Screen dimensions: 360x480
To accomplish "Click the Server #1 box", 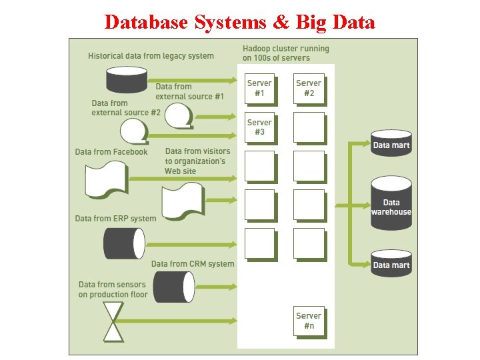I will (x=259, y=89).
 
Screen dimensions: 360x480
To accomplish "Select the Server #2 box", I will (x=308, y=89).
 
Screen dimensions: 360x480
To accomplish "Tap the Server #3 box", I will (x=259, y=127).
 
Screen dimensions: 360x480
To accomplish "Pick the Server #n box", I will (x=308, y=321).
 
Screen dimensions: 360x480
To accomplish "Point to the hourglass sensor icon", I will (x=114, y=321).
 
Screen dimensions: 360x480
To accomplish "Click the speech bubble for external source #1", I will (x=179, y=117).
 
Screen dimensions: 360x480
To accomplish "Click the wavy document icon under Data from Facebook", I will (x=107, y=180).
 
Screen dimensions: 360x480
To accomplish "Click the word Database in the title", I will (x=147, y=22).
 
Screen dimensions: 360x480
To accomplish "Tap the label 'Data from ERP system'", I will (x=115, y=219).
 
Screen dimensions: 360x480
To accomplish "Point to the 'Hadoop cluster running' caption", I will (x=285, y=49).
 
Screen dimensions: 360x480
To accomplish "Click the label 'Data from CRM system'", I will (x=193, y=264).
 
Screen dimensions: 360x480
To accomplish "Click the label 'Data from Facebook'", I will (x=111, y=152).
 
